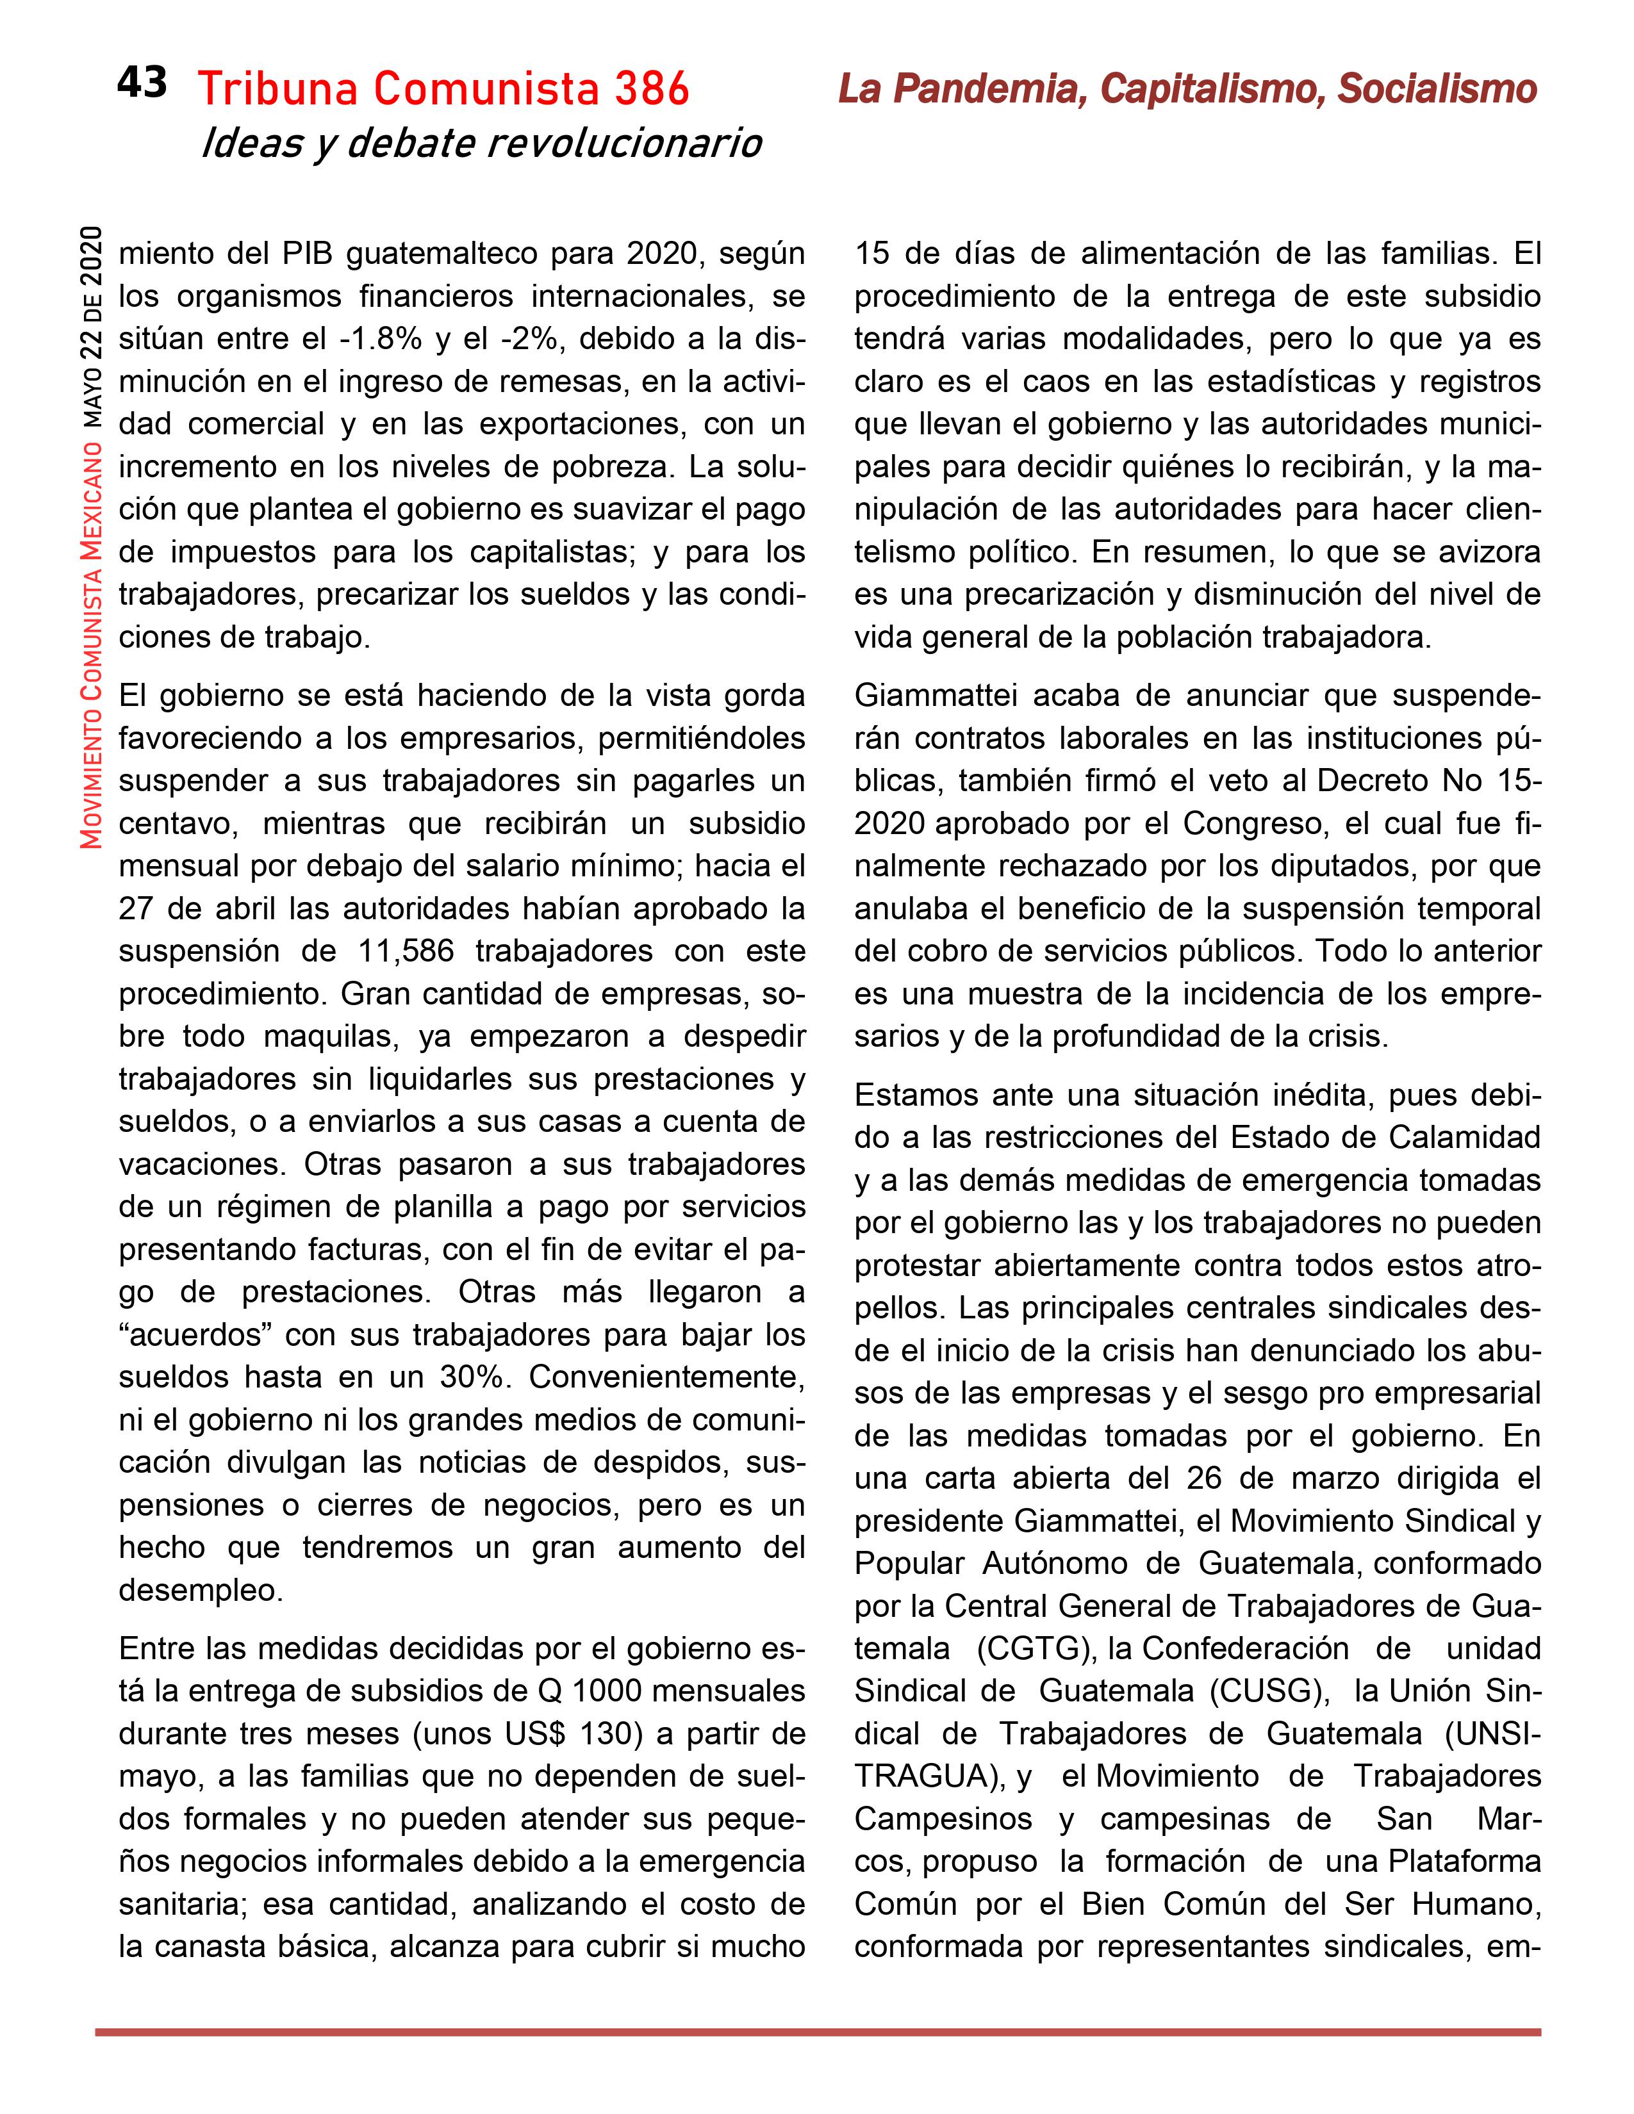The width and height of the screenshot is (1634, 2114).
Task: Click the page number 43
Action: click(x=142, y=83)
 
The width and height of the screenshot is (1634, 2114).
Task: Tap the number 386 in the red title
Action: click(x=650, y=90)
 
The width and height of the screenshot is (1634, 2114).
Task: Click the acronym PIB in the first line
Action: click(x=307, y=254)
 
